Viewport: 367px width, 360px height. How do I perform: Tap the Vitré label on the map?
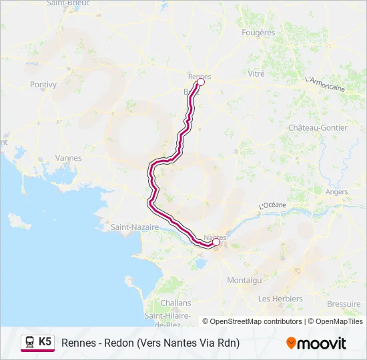pyautogui.click(x=256, y=74)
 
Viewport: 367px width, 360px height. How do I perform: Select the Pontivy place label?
pyautogui.click(x=44, y=85)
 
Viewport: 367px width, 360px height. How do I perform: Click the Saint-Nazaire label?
pyautogui.click(x=135, y=227)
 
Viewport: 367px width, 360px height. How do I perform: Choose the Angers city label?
pyautogui.click(x=336, y=192)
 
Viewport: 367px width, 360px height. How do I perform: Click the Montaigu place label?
pyautogui.click(x=244, y=281)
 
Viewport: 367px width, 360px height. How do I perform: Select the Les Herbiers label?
pyautogui.click(x=280, y=299)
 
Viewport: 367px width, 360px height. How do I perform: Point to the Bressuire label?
pyautogui.click(x=344, y=303)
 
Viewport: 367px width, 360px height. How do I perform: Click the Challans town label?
pyautogui.click(x=176, y=303)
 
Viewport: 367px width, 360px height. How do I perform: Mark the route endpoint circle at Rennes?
pyautogui.click(x=200, y=83)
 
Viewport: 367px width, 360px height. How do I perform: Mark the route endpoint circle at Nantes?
pyautogui.click(x=216, y=243)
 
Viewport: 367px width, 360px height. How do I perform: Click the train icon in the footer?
pyautogui.click(x=30, y=342)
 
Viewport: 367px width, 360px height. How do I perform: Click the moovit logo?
pyautogui.click(x=316, y=343)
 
